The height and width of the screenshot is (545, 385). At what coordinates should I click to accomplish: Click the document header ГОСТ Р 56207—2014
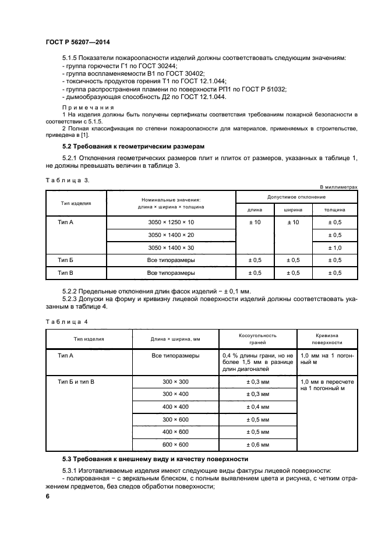click(77, 43)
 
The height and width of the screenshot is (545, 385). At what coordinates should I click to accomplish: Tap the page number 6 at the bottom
click(48, 496)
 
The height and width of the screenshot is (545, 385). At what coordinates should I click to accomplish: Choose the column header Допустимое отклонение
click(296, 197)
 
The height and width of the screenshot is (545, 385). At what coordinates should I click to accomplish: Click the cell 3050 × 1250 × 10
click(171, 222)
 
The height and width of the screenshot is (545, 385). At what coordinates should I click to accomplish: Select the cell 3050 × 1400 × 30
click(171, 247)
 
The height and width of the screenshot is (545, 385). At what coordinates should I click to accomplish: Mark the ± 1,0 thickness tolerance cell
click(334, 247)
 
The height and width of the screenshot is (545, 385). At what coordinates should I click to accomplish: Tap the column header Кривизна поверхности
click(329, 339)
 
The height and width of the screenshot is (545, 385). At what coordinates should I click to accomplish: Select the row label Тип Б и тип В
click(76, 381)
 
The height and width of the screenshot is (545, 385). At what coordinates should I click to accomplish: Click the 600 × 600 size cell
click(175, 444)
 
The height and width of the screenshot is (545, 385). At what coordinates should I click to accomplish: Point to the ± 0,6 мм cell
click(257, 444)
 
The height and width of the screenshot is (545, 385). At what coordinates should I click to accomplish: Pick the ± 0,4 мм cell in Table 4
click(257, 406)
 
